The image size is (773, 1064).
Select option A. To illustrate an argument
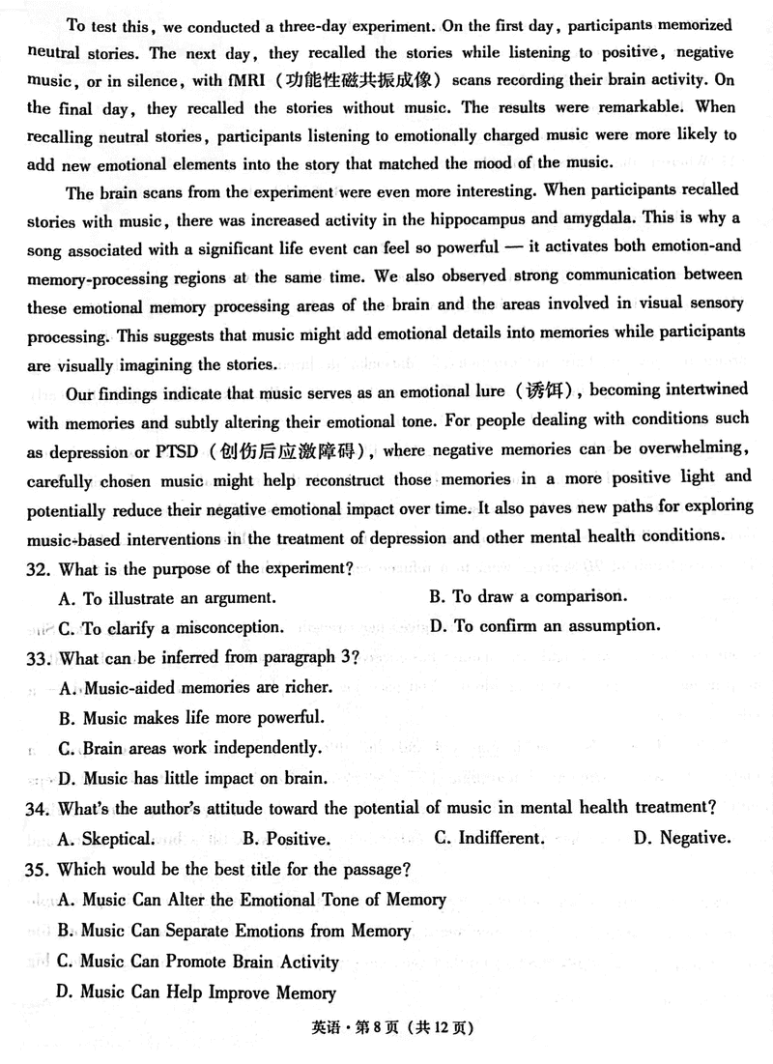pos(166,598)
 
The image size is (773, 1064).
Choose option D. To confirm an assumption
pos(544,626)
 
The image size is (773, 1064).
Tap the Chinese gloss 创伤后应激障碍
pos(289,451)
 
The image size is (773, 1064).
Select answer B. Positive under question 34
pos(286,839)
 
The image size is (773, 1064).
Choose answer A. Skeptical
pos(106,839)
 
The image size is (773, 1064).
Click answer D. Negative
pos(681,839)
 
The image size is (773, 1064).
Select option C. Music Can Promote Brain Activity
pos(198,963)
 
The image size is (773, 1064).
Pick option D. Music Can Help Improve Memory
pos(196,992)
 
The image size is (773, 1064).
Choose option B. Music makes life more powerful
pos(189,718)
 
